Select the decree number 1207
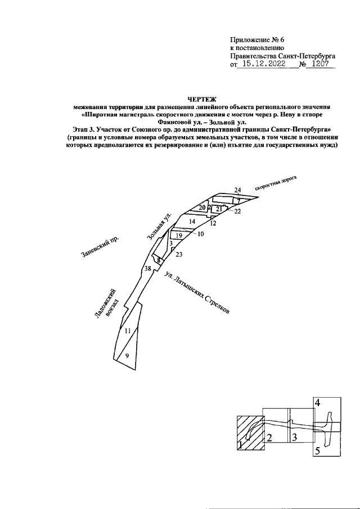(x=322, y=65)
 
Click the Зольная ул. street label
(x=159, y=229)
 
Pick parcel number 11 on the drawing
(x=128, y=331)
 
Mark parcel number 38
(x=147, y=269)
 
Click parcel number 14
(x=192, y=222)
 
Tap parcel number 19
(x=179, y=235)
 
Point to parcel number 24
(x=237, y=190)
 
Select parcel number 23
(x=179, y=255)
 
